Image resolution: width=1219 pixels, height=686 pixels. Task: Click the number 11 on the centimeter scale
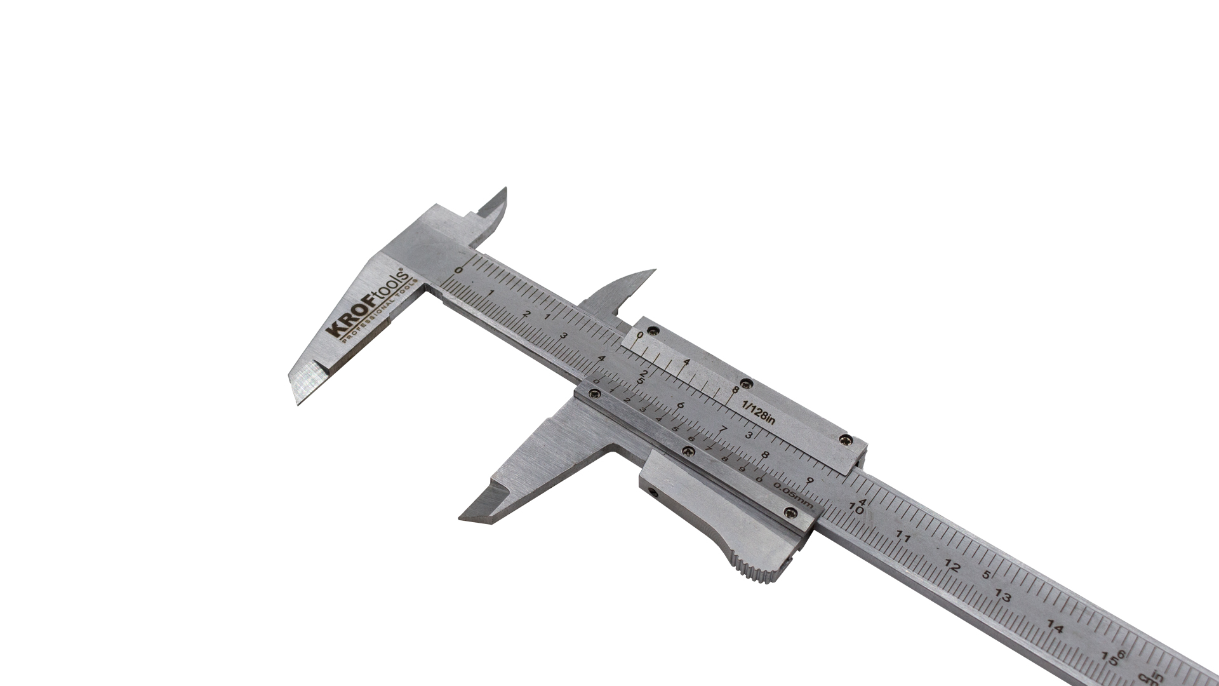pyautogui.click(x=903, y=538)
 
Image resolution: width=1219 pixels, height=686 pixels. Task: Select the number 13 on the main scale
pyautogui.click(x=1003, y=596)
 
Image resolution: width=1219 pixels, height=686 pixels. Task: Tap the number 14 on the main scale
pyautogui.click(x=1055, y=628)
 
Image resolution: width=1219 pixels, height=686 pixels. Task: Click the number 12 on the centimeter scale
pyautogui.click(x=952, y=567)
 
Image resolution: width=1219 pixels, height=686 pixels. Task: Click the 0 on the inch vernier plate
pyautogui.click(x=640, y=335)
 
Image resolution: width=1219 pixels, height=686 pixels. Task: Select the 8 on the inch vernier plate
pyautogui.click(x=735, y=390)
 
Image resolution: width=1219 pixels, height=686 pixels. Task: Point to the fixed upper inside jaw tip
pyautogui.click(x=505, y=189)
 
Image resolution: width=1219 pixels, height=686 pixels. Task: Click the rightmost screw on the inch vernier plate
pyautogui.click(x=846, y=439)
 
